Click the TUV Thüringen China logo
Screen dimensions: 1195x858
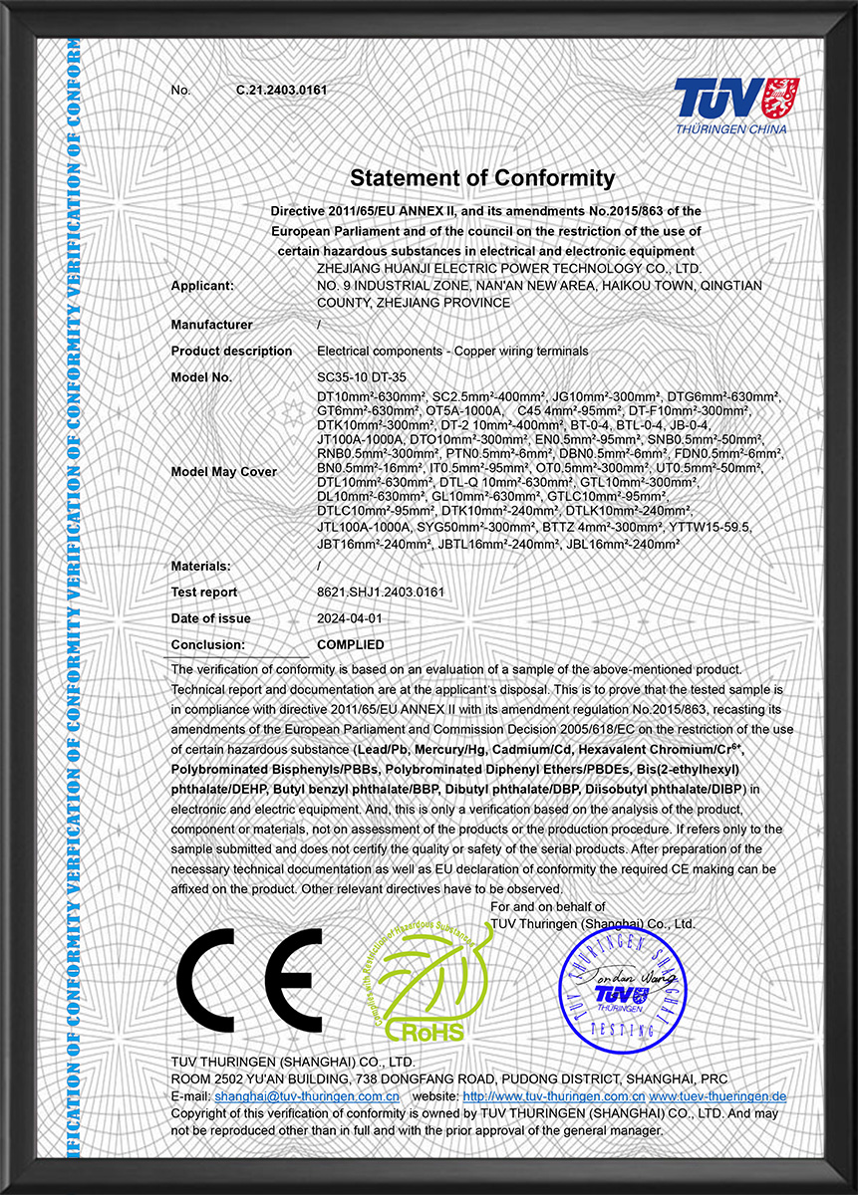pyautogui.click(x=729, y=106)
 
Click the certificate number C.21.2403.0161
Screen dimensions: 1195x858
pyautogui.click(x=282, y=91)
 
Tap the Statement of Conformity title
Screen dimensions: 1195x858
pyautogui.click(x=482, y=178)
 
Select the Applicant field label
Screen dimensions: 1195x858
pyautogui.click(x=202, y=286)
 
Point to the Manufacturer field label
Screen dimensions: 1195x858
pyautogui.click(x=211, y=325)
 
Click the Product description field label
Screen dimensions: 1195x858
pyautogui.click(x=231, y=352)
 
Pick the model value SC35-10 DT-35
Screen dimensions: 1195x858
pyautogui.click(x=361, y=377)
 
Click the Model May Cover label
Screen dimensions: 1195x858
pyautogui.click(x=224, y=471)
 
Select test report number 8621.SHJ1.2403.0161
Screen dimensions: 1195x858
pyautogui.click(x=380, y=593)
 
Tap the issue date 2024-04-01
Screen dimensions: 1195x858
pyautogui.click(x=349, y=618)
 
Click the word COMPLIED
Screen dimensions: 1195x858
pyautogui.click(x=350, y=645)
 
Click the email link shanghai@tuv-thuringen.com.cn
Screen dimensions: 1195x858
pyautogui.click(x=307, y=1096)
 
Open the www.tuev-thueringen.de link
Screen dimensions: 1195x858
pyautogui.click(x=717, y=1096)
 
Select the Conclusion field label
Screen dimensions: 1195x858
pyautogui.click(x=207, y=645)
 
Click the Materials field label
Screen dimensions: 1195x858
pyautogui.click(x=201, y=566)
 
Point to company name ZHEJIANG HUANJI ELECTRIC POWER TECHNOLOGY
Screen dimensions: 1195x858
pyautogui.click(x=508, y=269)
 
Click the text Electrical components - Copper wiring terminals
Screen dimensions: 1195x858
pyautogui.click(x=452, y=352)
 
